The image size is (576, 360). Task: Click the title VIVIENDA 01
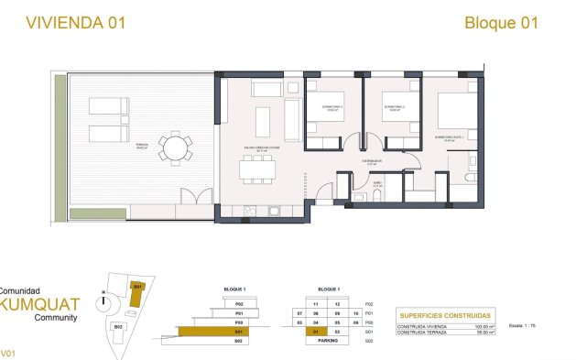(x=61, y=22)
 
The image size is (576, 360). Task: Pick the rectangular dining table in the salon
(x=257, y=169)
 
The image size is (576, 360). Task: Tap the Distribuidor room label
(x=371, y=160)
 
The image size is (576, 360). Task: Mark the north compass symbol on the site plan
(x=105, y=296)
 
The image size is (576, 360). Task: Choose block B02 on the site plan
(x=117, y=326)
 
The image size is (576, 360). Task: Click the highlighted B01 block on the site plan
(x=137, y=288)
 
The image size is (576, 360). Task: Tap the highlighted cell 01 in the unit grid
(x=314, y=332)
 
